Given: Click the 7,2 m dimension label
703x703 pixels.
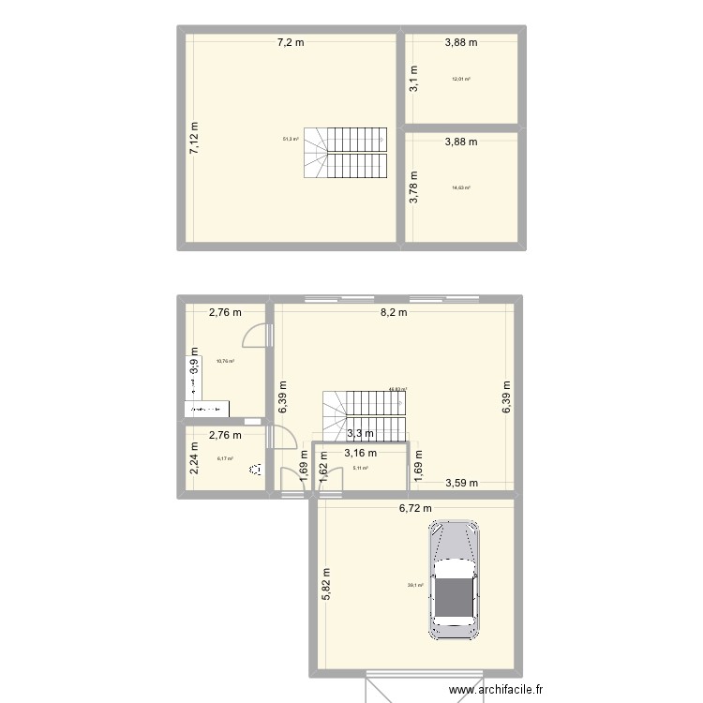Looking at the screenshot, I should point(290,42).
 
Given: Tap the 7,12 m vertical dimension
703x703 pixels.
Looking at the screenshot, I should point(195,139).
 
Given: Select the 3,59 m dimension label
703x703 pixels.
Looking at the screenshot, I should point(461,484).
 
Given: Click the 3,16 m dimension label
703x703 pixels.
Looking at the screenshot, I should point(361,453).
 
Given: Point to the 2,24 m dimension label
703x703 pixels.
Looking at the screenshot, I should point(195,459).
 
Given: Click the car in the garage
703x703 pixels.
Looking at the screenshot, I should point(454,581).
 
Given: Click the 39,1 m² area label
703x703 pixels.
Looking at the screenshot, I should point(415,586).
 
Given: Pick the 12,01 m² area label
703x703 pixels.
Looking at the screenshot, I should point(460,79).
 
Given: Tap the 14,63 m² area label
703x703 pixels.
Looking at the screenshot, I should point(460,187).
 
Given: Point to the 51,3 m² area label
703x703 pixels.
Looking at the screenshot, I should point(291,140).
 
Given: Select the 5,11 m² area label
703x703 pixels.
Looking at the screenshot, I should point(360,469).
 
